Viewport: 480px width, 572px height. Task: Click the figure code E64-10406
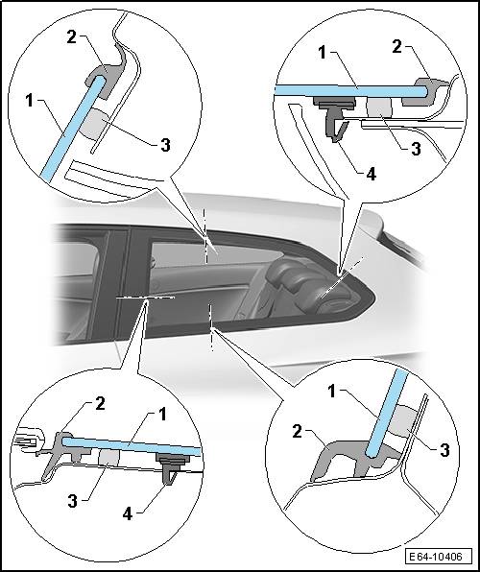(x=435, y=557)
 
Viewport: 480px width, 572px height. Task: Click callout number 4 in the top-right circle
(x=371, y=175)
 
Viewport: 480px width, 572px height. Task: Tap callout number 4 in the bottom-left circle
(x=128, y=514)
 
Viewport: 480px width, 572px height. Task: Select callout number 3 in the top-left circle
(x=165, y=145)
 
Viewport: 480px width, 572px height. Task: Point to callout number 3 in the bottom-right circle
(x=444, y=450)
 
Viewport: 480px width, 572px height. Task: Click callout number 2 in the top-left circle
(x=72, y=36)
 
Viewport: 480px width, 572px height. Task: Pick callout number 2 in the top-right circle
(x=397, y=47)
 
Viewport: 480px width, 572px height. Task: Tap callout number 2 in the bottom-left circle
(x=100, y=403)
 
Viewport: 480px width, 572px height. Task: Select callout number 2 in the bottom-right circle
(x=298, y=432)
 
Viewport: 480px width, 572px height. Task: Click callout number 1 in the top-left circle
(x=30, y=101)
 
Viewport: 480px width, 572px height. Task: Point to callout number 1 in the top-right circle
(x=322, y=53)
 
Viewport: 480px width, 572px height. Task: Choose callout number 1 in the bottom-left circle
(x=162, y=414)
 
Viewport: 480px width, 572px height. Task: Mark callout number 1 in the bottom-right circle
(x=331, y=392)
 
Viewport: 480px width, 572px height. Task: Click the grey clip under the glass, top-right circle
(x=335, y=118)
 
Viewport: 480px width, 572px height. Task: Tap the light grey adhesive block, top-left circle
(x=94, y=125)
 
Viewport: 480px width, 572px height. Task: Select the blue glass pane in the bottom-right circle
(x=386, y=414)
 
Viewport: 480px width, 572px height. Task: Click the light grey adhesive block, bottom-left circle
(x=108, y=457)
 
